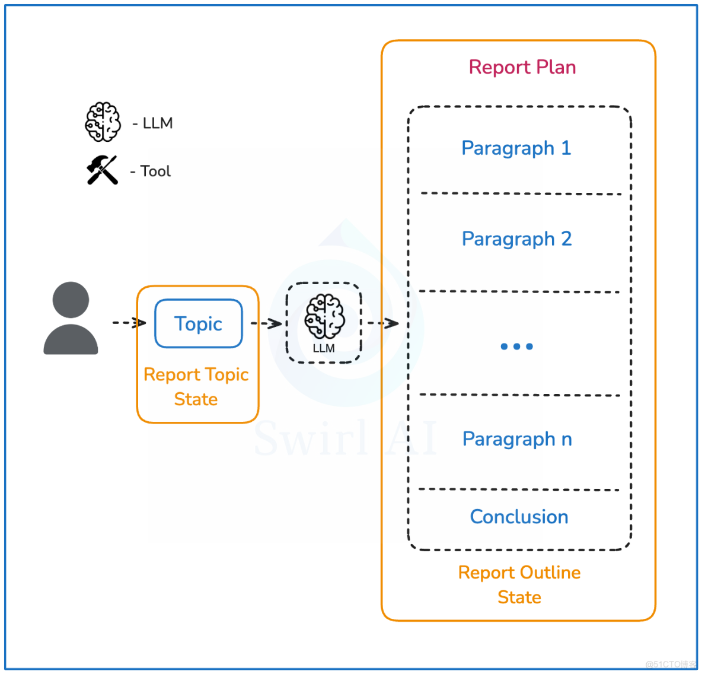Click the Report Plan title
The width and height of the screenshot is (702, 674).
(522, 67)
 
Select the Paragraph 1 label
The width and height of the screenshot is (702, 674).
(516, 148)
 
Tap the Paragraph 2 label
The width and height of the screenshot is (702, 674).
(516, 239)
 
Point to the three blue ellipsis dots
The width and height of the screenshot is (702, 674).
(516, 346)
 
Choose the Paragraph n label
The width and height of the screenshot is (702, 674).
(517, 439)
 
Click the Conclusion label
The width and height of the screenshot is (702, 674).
(519, 517)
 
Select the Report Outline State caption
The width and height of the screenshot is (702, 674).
(519, 584)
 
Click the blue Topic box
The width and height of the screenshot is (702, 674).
(198, 323)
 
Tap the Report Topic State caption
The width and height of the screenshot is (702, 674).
(196, 386)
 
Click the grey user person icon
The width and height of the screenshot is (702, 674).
(71, 318)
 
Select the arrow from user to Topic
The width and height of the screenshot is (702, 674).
(129, 323)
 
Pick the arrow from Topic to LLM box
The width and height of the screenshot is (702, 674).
(266, 323)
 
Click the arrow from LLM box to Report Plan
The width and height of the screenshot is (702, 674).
(382, 323)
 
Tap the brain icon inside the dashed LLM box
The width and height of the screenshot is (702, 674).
(324, 316)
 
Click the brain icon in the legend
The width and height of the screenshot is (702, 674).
(103, 122)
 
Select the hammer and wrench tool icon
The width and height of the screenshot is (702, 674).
(102, 170)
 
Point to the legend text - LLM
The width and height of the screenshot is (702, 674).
(153, 123)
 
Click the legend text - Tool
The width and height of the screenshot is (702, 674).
(151, 171)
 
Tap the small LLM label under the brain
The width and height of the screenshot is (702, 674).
(324, 348)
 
